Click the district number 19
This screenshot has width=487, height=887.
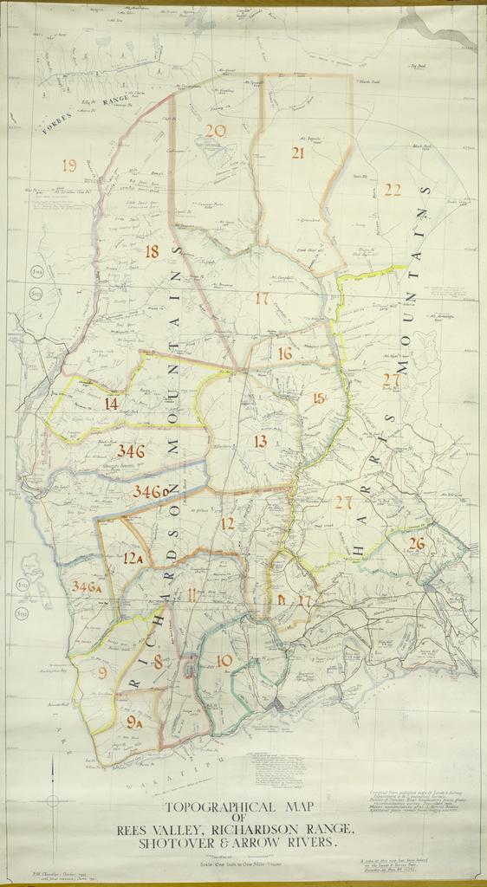click(x=69, y=165)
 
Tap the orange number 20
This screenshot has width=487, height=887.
click(x=215, y=131)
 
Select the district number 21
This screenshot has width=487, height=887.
click(x=297, y=153)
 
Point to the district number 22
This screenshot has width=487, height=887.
click(x=393, y=190)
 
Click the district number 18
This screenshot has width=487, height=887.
click(x=152, y=252)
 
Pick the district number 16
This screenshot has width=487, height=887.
click(x=285, y=353)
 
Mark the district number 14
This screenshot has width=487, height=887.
click(x=111, y=403)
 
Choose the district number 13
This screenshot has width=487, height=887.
click(x=260, y=442)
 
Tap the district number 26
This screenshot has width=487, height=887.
click(x=417, y=544)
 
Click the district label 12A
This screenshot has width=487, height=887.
click(x=133, y=559)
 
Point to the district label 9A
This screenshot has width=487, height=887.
click(x=134, y=721)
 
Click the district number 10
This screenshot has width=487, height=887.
click(x=224, y=661)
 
